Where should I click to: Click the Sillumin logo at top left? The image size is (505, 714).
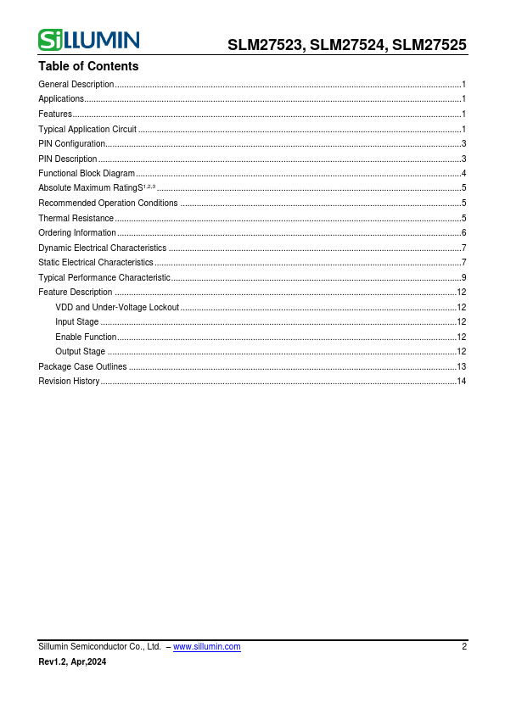tap(89, 39)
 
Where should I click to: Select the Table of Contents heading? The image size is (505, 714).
tap(88, 66)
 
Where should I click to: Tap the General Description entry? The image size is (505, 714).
tap(76, 85)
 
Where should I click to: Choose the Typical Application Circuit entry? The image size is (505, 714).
tap(87, 129)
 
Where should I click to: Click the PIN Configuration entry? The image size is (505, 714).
tap(72, 144)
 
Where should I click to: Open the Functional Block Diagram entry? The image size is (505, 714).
tap(87, 174)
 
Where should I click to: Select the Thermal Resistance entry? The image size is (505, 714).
tap(76, 218)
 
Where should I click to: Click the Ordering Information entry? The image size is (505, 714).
tap(77, 233)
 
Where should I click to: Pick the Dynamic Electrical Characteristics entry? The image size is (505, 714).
tap(103, 248)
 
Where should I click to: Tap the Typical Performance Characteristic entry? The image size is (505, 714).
tap(104, 277)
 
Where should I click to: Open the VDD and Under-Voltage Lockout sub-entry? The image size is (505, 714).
tap(117, 307)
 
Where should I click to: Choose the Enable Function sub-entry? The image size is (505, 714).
tap(86, 337)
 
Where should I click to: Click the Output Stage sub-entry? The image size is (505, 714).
tap(81, 352)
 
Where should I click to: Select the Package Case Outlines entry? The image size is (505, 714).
tap(82, 366)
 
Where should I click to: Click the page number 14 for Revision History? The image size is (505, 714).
tap(462, 382)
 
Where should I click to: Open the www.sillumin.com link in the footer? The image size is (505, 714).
tap(206, 647)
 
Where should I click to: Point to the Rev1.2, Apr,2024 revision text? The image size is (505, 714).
tap(72, 662)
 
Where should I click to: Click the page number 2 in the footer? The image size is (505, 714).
tap(464, 647)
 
